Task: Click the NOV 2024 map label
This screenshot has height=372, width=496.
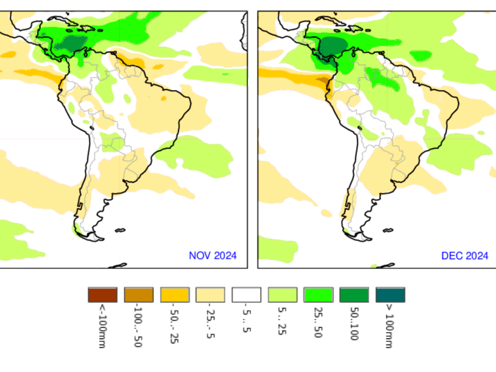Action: (213, 255)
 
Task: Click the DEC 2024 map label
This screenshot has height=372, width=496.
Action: (465, 255)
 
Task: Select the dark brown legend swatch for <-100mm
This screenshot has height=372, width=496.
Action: (102, 295)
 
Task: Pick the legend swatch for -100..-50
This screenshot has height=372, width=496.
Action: (139, 295)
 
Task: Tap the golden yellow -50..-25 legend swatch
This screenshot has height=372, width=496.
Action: (174, 295)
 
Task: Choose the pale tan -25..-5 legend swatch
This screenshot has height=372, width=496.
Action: (210, 295)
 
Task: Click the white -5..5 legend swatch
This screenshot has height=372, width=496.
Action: (246, 295)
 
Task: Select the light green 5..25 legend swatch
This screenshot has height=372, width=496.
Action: (282, 295)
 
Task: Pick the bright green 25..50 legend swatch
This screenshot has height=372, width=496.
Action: (318, 295)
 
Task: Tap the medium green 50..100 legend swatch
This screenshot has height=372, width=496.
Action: (354, 295)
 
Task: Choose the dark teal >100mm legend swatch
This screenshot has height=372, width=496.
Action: (390, 295)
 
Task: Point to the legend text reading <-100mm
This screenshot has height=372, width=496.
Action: (102, 326)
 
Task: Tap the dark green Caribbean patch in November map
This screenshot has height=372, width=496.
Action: (69, 44)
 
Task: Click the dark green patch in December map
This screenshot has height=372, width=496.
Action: (333, 46)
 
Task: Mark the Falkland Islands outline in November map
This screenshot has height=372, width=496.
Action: (120, 230)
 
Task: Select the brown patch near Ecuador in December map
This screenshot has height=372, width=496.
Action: (324, 80)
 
